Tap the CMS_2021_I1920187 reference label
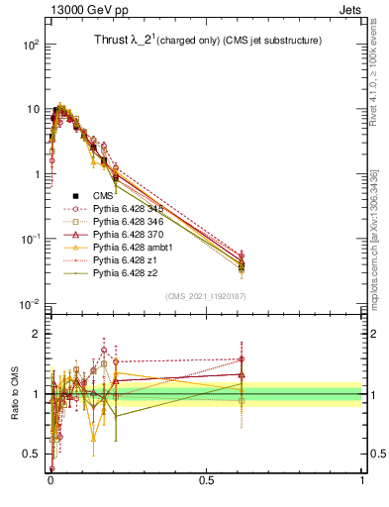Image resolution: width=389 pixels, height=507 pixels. (x=206, y=296)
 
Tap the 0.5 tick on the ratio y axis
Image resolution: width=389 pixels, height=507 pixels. (x=31, y=454)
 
